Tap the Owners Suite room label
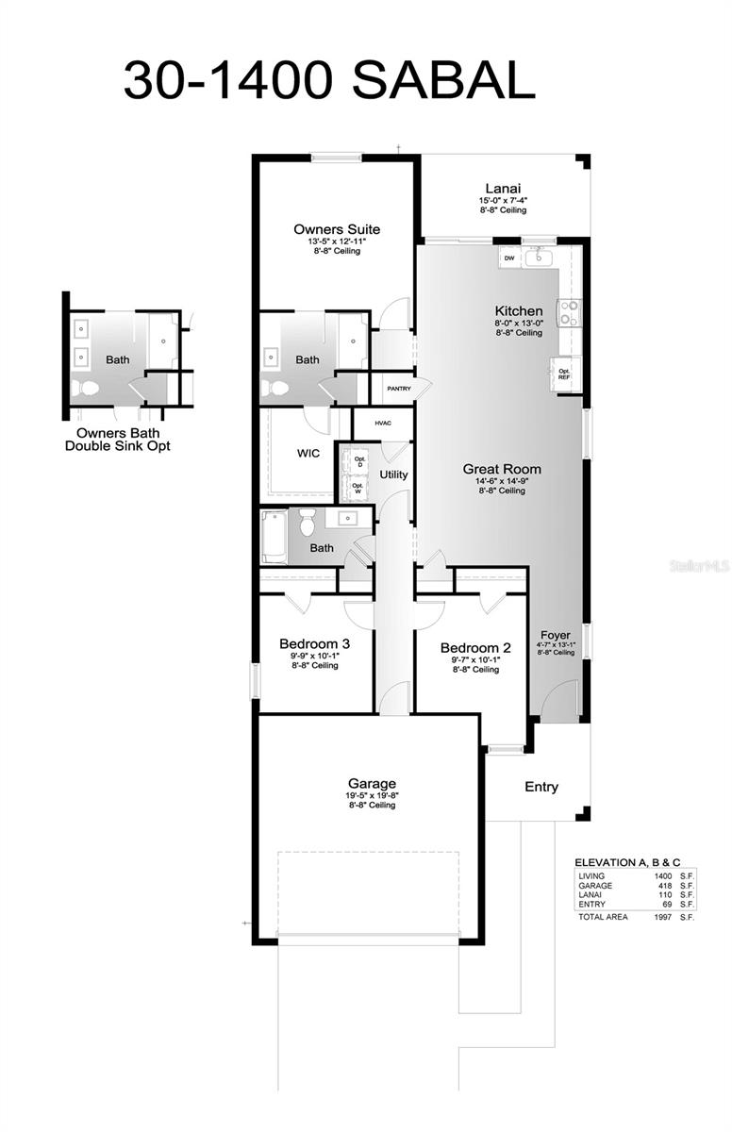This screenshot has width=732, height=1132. pos(337,229)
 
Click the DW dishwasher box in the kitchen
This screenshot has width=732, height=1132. pos(509,258)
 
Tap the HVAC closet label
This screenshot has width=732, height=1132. pos(383,424)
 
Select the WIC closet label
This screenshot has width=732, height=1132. pos(308,453)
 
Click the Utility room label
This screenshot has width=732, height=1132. pos(393,474)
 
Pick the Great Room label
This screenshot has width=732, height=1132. pos(501,468)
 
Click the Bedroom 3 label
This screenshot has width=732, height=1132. pos(314,644)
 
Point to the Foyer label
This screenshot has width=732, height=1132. pos(556,635)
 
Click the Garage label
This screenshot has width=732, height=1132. pos(372,783)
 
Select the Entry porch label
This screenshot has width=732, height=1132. pos(541,787)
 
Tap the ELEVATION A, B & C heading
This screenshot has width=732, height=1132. pos(627,862)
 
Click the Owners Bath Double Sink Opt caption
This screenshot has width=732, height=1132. pos(118,439)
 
